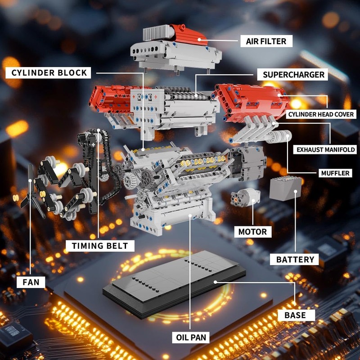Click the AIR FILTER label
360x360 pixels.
pyautogui.click(x=266, y=41)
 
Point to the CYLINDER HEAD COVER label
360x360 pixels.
pyautogui.click(x=321, y=114)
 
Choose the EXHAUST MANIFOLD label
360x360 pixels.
pyautogui.click(x=325, y=150)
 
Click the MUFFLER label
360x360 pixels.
pyautogui.click(x=335, y=173)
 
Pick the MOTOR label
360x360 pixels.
pyautogui.click(x=252, y=232)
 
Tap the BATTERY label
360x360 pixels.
pyautogui.click(x=295, y=260)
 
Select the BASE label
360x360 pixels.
pyautogui.click(x=295, y=315)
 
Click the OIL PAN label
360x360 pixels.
pyautogui.click(x=191, y=337)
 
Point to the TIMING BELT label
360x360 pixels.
pyautogui.click(x=100, y=246)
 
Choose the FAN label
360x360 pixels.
pyautogui.click(x=31, y=282)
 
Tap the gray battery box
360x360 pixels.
pyautogui.click(x=285, y=189)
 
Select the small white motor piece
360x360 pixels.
pyautogui.click(x=245, y=198)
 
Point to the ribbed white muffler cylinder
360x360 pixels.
pyautogui.click(x=279, y=137)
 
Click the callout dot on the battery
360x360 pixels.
pyautogui.click(x=296, y=191)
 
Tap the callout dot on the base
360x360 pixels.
pyautogui.click(x=215, y=282)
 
